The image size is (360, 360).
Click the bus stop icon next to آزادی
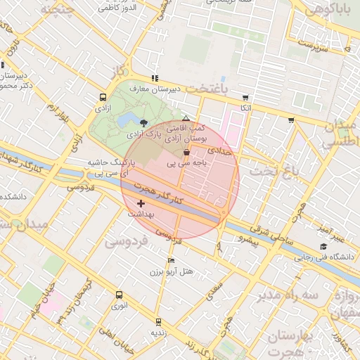[103, 98]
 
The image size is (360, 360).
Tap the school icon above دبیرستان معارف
[155, 78]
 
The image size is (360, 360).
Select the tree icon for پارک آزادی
[144, 122]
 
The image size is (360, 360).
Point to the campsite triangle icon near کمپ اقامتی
[186, 119]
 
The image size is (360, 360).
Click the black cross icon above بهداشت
[141, 203]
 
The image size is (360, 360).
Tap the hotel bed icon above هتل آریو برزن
[171, 261]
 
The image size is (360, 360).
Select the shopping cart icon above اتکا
[245, 98]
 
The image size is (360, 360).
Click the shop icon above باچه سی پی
[186, 152]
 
